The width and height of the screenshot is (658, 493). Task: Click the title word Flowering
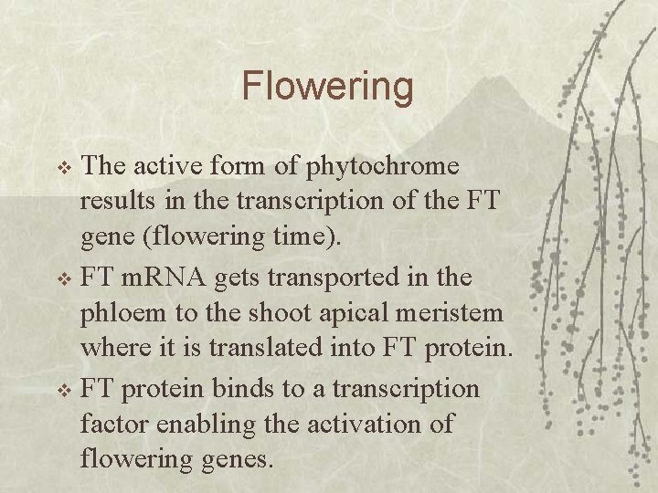pyautogui.click(x=327, y=87)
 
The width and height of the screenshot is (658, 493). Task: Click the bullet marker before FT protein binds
pyautogui.click(x=64, y=391)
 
